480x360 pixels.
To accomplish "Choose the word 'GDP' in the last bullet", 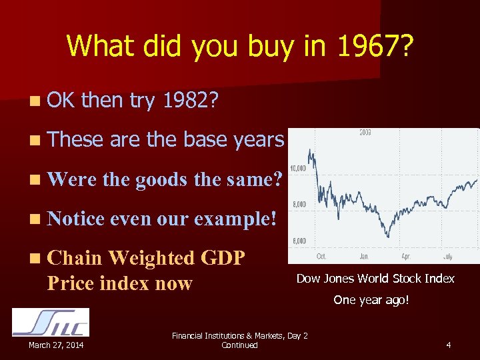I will tap(222, 258).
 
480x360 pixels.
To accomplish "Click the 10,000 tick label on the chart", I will tap(297, 168).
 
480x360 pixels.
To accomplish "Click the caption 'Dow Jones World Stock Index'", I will tap(375, 279).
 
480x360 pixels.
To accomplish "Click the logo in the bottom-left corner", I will tap(51, 322).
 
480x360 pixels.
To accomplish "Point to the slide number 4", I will tap(449, 345).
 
